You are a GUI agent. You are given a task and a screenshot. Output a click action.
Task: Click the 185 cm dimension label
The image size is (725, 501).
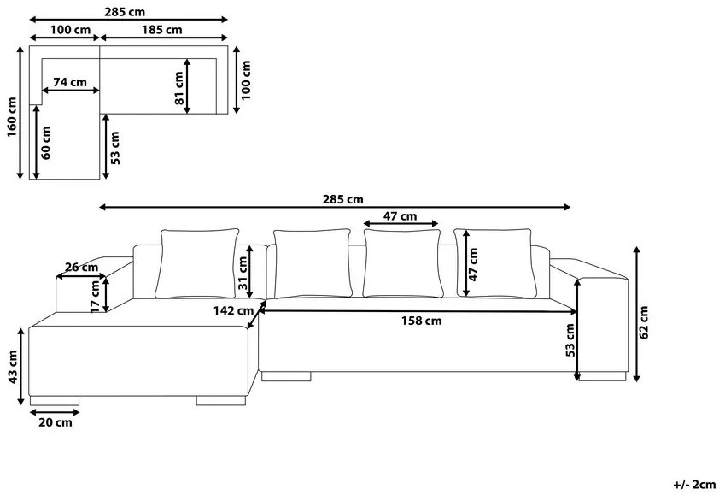(162, 30)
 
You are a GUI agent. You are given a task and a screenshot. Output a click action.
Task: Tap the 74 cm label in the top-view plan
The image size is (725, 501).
(70, 82)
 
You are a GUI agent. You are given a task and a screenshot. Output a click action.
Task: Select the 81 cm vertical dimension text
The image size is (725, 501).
(179, 88)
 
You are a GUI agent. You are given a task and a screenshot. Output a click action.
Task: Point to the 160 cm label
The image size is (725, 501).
(12, 117)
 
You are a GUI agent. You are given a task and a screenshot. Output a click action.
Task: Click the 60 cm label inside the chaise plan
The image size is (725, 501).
(46, 143)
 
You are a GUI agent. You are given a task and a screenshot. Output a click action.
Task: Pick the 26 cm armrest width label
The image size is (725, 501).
(81, 267)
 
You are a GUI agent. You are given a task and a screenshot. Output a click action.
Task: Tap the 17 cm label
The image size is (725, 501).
(96, 296)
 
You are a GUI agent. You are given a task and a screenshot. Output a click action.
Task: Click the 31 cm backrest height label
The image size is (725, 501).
(243, 273)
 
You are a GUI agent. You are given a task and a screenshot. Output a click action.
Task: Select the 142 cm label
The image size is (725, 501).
(233, 310)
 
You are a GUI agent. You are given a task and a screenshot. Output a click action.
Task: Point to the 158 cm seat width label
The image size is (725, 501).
(421, 321)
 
